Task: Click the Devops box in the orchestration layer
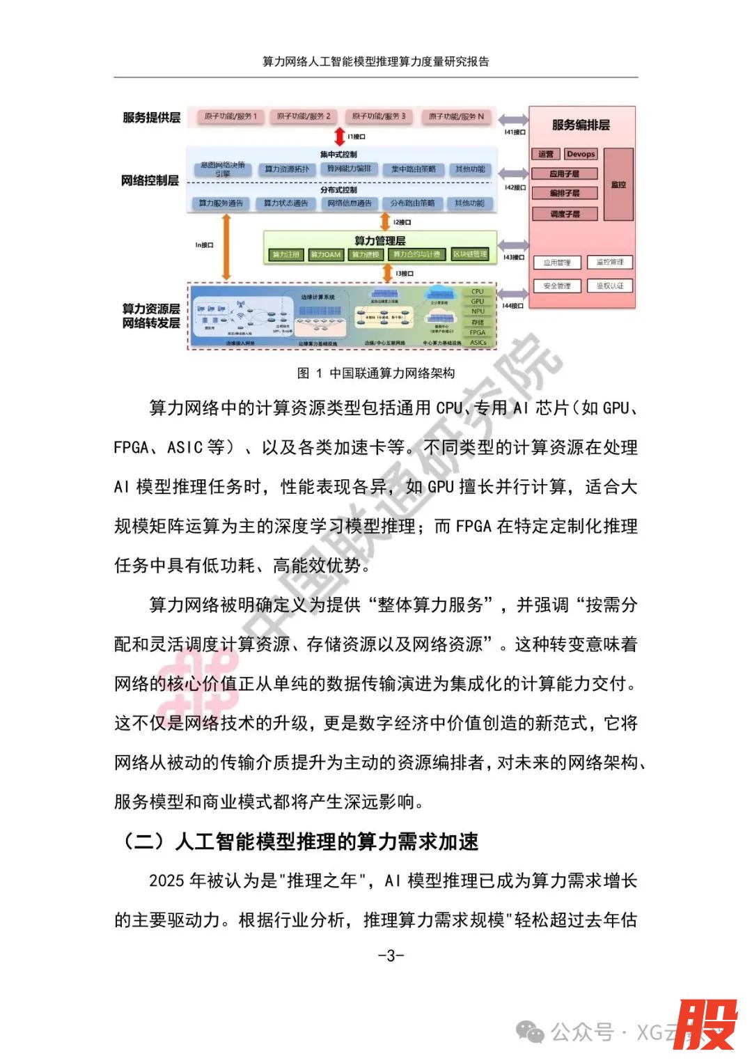[581, 154]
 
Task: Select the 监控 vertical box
[618, 185]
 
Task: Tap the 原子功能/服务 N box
[456, 116]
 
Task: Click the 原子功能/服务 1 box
[230, 116]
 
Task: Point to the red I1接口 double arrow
[340, 136]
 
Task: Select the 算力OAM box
[326, 254]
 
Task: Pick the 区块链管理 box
[470, 254]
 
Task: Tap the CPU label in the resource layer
[478, 292]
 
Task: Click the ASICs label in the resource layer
[478, 342]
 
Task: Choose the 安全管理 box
[557, 286]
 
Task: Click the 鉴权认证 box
[610, 286]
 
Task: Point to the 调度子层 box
[565, 214]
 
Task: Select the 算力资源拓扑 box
[287, 169]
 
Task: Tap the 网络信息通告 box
[350, 203]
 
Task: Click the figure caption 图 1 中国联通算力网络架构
[376, 373]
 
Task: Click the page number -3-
[391, 955]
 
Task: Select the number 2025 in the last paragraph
[166, 881]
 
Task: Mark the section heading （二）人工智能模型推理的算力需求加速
[299, 841]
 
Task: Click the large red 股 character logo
[705, 1024]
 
